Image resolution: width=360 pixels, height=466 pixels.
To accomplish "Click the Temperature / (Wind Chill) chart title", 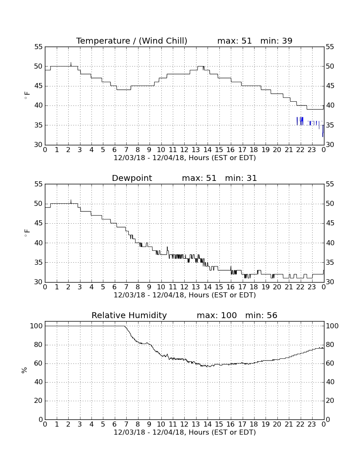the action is (132, 41).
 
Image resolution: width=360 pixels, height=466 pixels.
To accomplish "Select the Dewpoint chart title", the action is (132, 178).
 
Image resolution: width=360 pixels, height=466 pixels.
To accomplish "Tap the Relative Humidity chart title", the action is (129, 315).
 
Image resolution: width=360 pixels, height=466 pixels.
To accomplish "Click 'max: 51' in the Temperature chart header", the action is (234, 41).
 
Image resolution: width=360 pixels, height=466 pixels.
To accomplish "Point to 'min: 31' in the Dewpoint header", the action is (241, 178).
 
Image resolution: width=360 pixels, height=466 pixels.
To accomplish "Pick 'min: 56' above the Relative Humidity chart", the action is (261, 315).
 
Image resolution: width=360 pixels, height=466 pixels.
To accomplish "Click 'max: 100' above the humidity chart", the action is (217, 315).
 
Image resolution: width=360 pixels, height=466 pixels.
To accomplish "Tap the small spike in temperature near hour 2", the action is (71, 64).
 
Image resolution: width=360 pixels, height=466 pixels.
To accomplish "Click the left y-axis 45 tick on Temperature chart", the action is (38, 86).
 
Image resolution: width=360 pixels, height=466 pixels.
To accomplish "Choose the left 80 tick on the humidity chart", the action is (39, 345).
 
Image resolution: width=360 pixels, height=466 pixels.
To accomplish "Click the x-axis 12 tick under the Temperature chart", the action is (185, 150).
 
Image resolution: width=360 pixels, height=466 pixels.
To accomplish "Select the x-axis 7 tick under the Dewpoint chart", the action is (126, 287).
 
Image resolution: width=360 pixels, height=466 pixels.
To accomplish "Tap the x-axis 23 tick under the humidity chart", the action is (312, 424).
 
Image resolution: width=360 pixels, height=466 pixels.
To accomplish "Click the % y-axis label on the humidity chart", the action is (25, 370).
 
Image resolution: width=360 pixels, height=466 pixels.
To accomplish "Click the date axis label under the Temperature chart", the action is (185, 158).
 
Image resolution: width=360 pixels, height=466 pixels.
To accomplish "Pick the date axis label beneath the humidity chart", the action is (185, 433).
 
